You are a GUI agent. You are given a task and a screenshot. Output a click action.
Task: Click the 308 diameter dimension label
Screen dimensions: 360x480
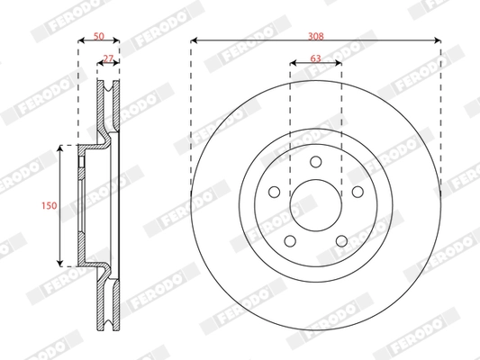coord(315,36)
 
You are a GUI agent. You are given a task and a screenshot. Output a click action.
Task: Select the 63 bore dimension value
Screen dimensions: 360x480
coord(315,58)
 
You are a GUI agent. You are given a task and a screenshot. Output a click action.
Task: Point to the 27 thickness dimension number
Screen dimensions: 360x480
coord(109,58)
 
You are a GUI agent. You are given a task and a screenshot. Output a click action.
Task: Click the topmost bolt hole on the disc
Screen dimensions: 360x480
coord(315,162)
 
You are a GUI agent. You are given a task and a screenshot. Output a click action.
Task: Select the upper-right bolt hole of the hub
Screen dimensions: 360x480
coord(357,192)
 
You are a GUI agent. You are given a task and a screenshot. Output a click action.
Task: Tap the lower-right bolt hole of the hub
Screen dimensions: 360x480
coord(341,240)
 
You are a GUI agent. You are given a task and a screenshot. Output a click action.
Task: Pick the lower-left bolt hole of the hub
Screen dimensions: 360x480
coord(289,240)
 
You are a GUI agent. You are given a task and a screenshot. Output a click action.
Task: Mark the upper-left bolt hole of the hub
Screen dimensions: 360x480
coord(274,192)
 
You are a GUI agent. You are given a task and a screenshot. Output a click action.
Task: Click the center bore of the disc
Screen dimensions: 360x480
coord(315,206)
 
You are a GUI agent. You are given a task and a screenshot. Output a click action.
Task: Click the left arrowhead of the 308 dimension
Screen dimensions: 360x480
coord(194,40)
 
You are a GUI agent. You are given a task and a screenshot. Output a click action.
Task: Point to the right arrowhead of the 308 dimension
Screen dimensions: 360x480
coord(438,40)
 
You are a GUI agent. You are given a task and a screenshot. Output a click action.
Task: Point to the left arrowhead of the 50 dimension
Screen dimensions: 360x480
coord(79,40)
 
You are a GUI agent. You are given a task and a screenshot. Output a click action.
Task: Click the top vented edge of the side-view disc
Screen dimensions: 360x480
coord(109,86)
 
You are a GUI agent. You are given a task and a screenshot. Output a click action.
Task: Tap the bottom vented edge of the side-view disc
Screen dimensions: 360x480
coord(109,328)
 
